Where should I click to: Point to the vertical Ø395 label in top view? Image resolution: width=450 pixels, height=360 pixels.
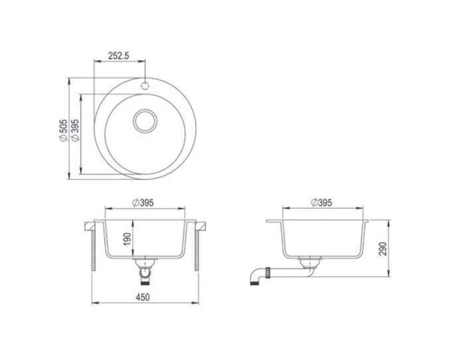point(76,133)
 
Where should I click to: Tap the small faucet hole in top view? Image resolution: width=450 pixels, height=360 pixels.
point(144,87)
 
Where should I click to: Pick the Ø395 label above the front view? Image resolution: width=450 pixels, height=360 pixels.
point(144,203)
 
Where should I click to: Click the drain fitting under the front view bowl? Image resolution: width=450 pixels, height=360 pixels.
point(144,267)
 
